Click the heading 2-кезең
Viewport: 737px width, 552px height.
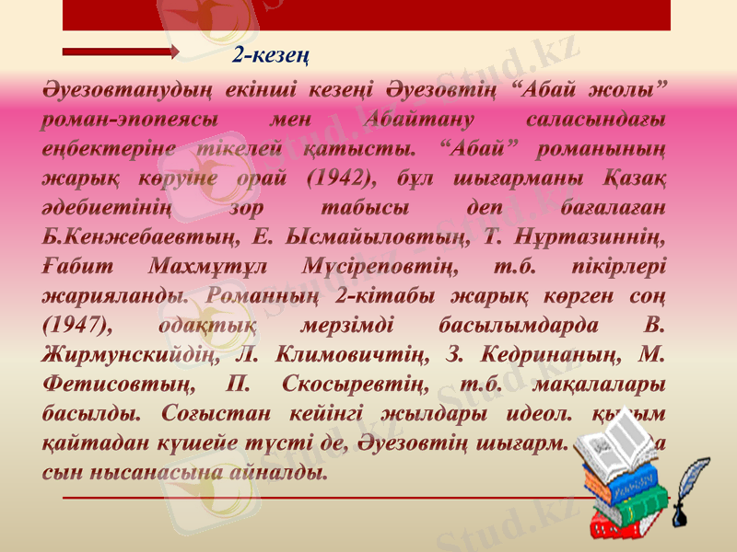270,55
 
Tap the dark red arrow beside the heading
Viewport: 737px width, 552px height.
121,52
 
